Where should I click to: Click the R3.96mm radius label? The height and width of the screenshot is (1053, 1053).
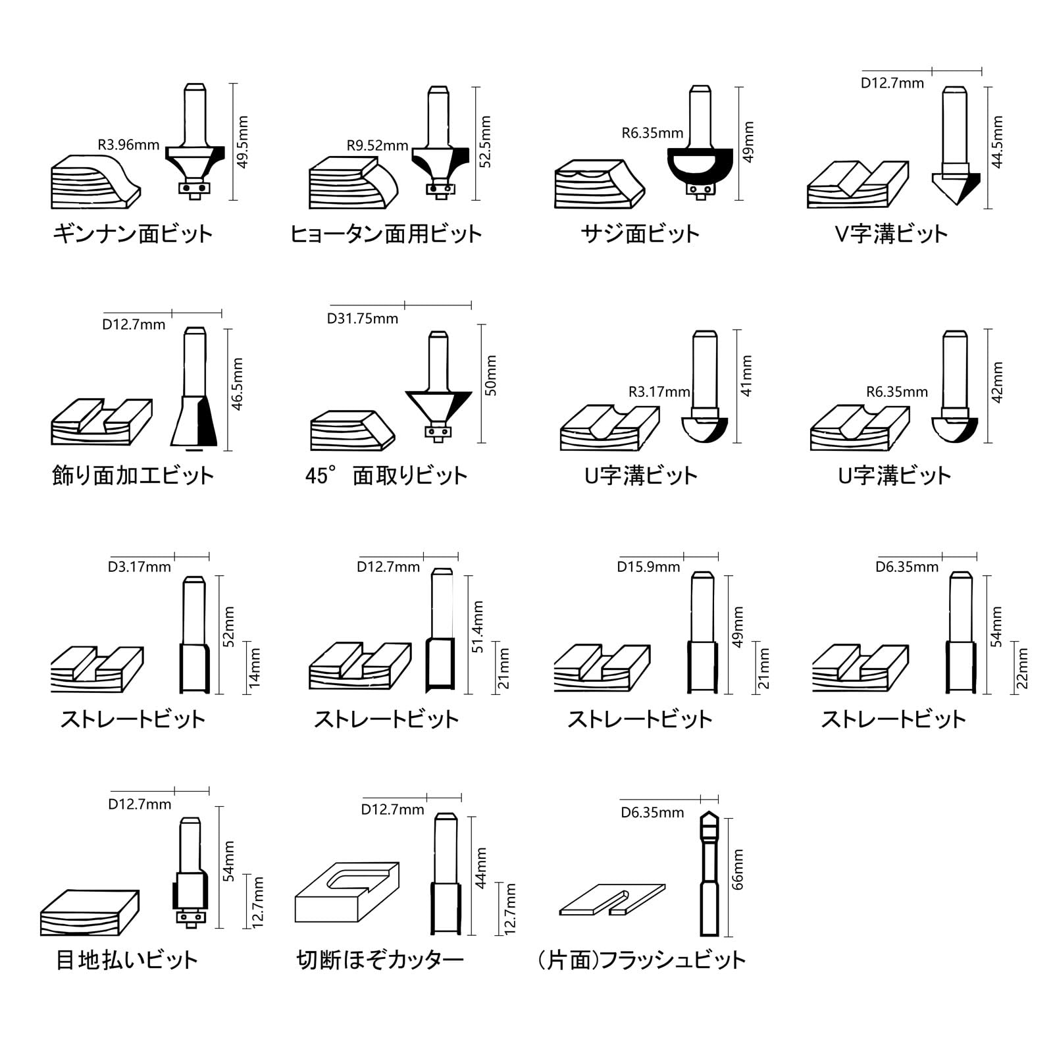[x=128, y=145]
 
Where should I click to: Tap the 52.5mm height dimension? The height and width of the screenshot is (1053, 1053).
[x=486, y=142]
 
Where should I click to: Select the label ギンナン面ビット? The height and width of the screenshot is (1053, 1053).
[x=133, y=234]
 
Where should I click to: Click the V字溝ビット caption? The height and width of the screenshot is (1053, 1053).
[x=891, y=234]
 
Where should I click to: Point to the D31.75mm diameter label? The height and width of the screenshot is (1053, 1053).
[x=363, y=319]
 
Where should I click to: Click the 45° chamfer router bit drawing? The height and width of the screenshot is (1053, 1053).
[x=438, y=388]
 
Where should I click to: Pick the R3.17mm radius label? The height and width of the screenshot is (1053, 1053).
[x=659, y=392]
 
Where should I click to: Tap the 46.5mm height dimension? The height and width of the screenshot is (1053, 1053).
[x=238, y=384]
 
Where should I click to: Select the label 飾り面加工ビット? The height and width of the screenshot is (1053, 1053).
[x=133, y=476]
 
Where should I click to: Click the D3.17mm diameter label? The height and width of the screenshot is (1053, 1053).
[x=140, y=567]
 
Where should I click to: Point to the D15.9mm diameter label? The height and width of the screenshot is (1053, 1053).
[x=648, y=567]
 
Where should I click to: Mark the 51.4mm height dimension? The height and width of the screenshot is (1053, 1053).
[x=478, y=627]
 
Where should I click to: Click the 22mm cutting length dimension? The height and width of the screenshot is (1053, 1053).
[x=1022, y=668]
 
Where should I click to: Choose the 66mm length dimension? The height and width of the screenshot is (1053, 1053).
[x=738, y=869]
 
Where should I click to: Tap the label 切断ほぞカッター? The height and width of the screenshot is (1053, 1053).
[x=380, y=960]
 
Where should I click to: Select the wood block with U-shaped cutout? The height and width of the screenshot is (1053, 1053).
[x=347, y=892]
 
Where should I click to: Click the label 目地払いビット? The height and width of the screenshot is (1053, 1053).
[x=127, y=960]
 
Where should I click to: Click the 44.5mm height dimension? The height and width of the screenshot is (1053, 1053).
[x=997, y=142]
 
